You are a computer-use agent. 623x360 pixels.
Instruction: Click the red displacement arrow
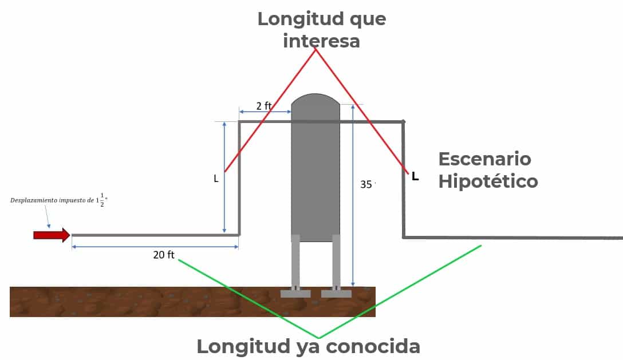click(52, 235)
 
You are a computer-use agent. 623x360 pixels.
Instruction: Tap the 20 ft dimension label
click(164, 255)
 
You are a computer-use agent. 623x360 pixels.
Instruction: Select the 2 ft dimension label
click(264, 106)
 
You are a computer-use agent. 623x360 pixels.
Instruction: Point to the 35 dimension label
click(366, 184)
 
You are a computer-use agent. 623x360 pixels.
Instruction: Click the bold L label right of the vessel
click(415, 176)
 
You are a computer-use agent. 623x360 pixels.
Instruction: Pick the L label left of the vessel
click(216, 179)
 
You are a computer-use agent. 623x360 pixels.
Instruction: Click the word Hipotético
click(488, 181)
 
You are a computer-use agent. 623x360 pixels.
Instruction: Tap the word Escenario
click(485, 159)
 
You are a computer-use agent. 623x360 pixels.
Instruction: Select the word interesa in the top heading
click(321, 41)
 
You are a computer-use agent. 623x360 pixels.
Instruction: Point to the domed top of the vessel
click(316, 99)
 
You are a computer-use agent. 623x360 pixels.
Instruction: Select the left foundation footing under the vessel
click(295, 294)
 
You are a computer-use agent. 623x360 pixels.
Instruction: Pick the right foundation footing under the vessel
click(336, 294)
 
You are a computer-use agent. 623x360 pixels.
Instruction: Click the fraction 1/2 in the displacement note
click(102, 200)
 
